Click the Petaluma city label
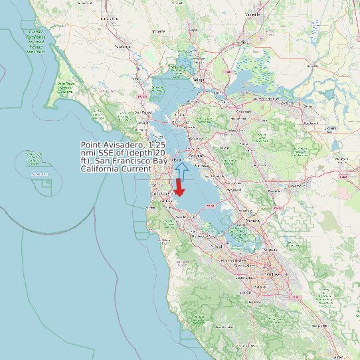click(x=122, y=46)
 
